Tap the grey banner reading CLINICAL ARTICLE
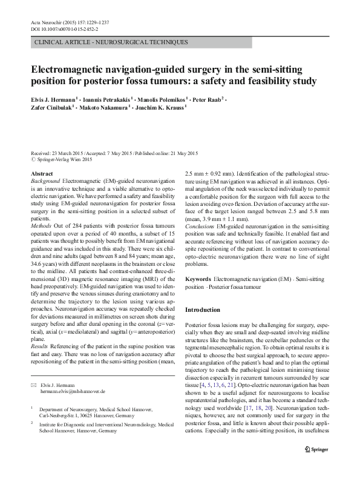click(x=113, y=42)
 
